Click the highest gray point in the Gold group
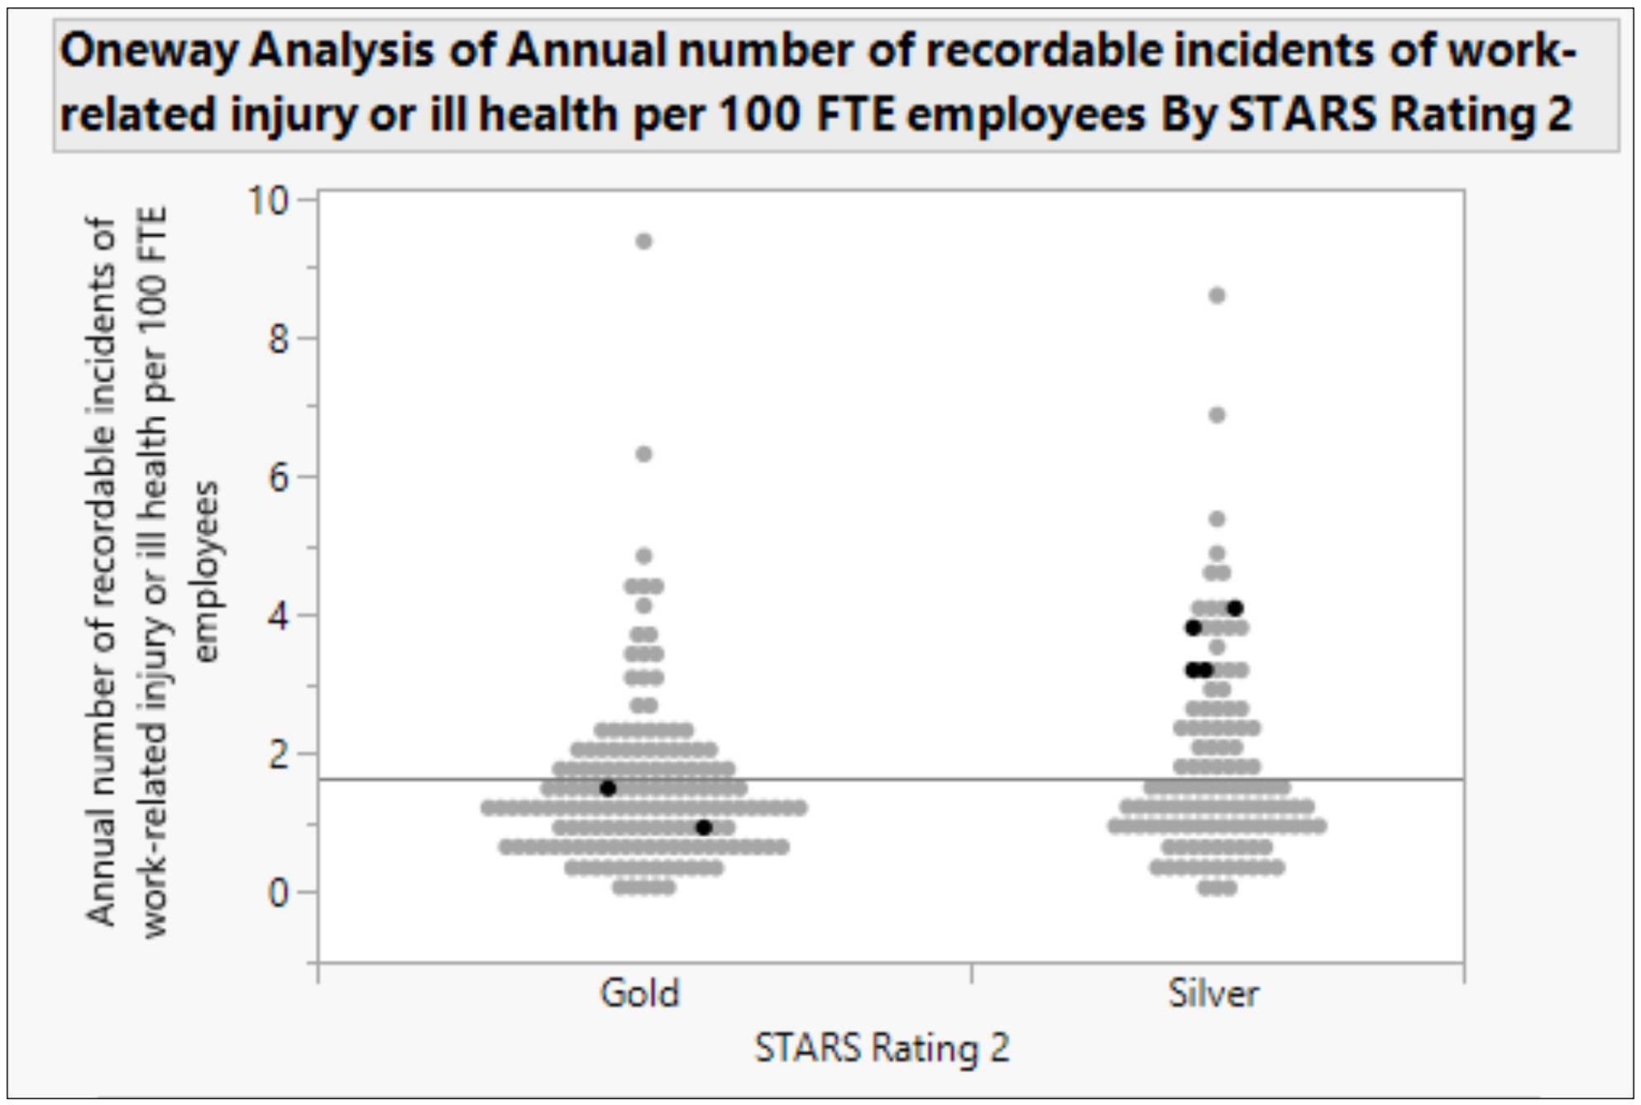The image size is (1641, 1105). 643,242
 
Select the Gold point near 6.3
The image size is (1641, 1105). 643,454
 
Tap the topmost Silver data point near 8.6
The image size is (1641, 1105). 1217,296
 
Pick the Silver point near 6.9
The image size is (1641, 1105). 1217,415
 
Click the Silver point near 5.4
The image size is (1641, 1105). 1217,519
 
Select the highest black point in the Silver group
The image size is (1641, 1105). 1235,609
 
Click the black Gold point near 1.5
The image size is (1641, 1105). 608,788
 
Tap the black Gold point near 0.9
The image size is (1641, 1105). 704,827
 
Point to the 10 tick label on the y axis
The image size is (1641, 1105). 269,200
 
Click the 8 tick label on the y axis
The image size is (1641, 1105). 279,339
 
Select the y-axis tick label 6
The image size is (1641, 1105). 279,477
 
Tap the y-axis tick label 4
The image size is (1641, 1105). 279,616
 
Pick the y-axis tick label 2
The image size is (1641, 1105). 279,754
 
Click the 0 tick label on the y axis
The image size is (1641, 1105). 279,893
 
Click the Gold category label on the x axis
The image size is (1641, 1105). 640,993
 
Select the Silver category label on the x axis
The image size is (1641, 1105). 1213,993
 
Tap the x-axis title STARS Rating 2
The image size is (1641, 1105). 882,1049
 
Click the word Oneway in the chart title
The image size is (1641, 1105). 149,51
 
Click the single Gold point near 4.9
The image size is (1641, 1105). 643,556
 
